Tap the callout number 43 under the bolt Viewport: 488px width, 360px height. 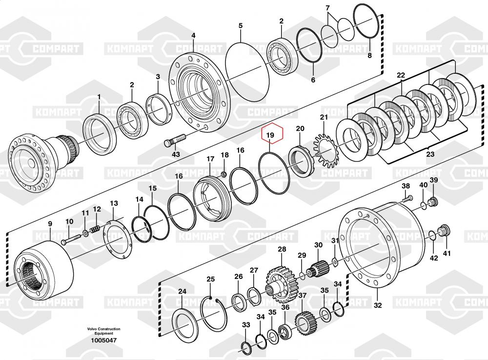pos(176,154)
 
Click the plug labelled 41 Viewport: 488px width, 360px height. pos(444,231)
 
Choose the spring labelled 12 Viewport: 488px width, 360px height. pos(98,228)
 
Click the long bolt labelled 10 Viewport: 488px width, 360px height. pos(72,239)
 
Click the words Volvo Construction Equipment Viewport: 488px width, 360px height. pos(103,331)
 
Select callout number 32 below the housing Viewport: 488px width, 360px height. pos(377,306)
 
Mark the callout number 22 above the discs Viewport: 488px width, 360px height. pos(401,75)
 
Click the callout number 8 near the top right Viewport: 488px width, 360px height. pos(369,56)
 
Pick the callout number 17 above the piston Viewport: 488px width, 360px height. pos(210,159)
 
